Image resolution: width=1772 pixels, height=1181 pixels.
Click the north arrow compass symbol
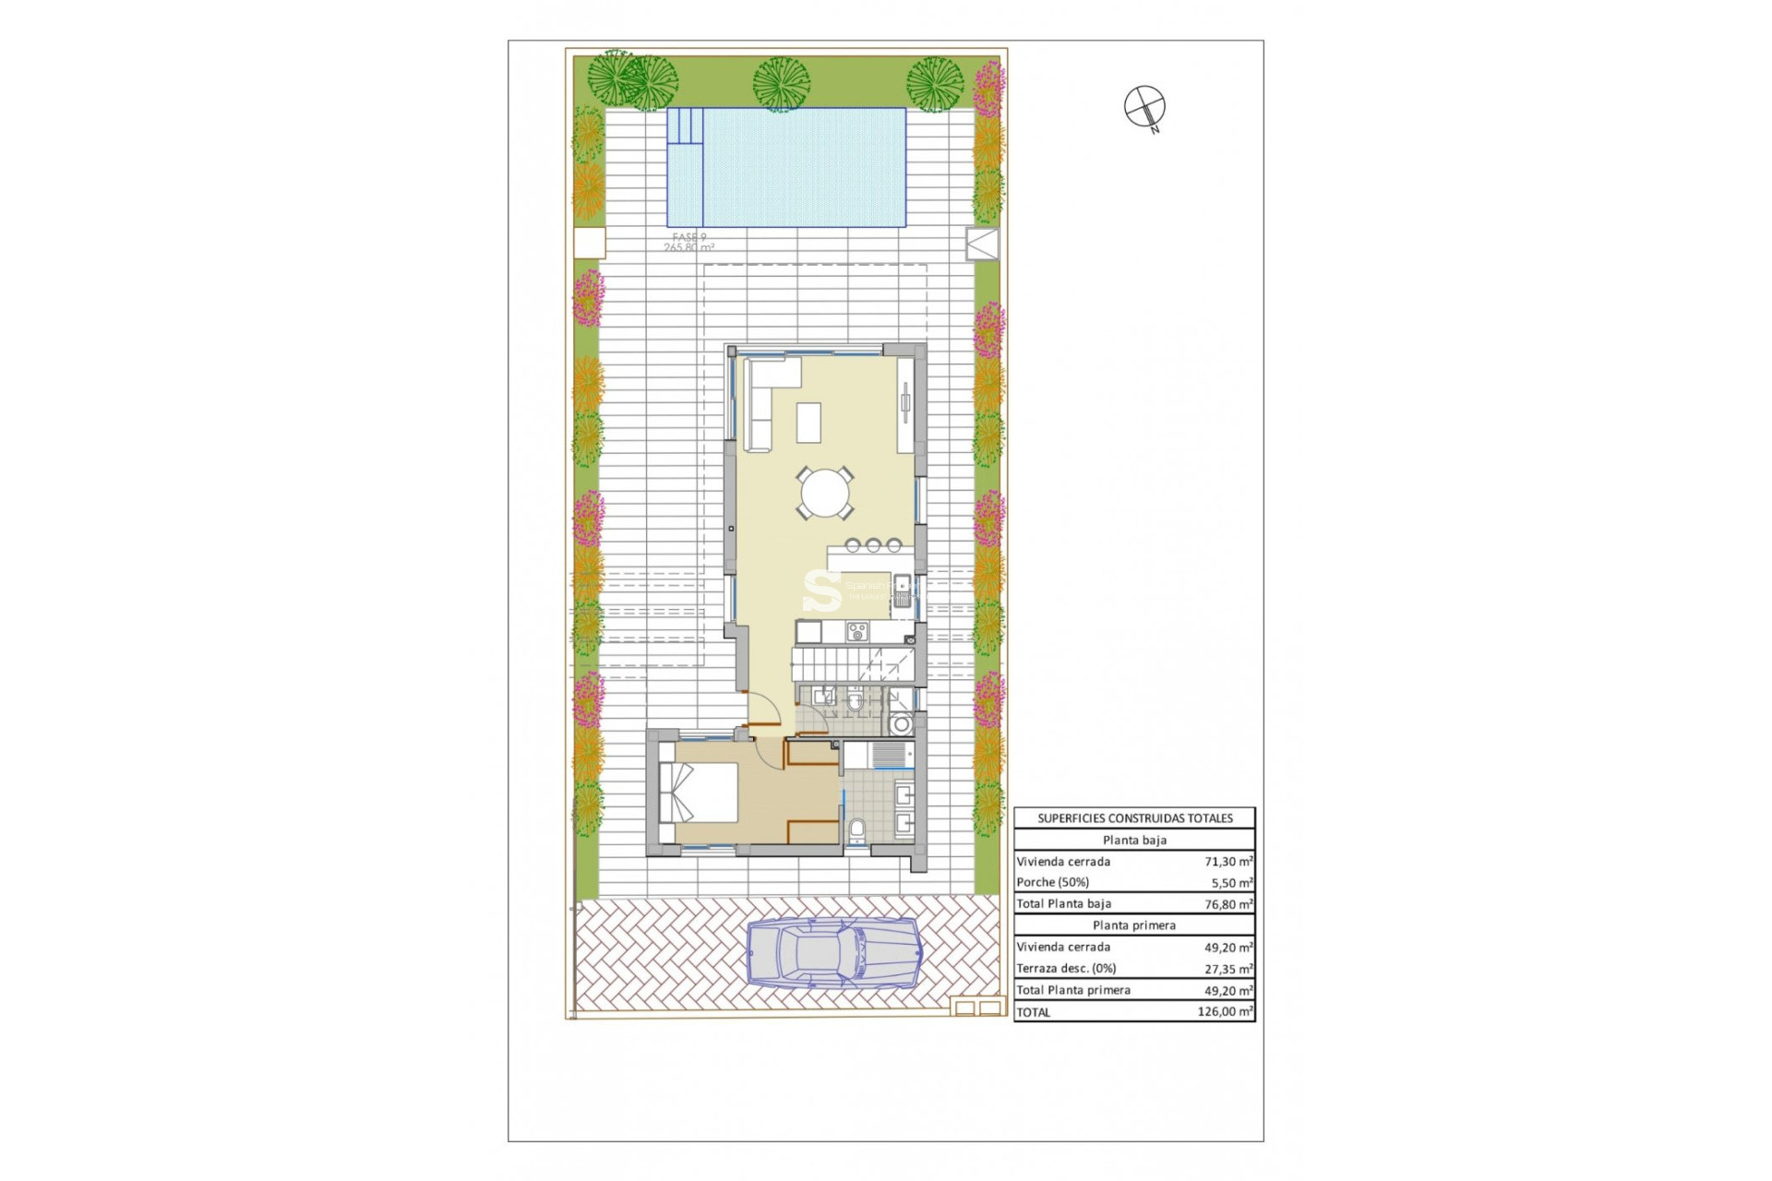[1144, 106]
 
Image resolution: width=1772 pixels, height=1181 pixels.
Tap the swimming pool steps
[685, 126]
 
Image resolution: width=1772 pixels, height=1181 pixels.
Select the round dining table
[825, 494]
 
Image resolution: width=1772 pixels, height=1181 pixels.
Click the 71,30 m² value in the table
[1227, 862]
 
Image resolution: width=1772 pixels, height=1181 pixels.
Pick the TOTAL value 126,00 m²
[1225, 1012]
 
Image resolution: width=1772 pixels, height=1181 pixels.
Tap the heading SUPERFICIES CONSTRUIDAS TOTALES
[1134, 818]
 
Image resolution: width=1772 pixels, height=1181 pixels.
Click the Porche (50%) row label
[1052, 883]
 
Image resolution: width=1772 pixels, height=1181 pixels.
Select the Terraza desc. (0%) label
[1066, 969]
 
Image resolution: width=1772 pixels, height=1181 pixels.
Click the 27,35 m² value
[1227, 969]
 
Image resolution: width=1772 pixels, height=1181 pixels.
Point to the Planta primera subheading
[1134, 925]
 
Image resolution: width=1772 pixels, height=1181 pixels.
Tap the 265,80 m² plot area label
[688, 248]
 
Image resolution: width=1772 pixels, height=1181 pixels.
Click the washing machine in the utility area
[901, 724]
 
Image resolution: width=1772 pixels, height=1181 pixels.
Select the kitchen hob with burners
[857, 632]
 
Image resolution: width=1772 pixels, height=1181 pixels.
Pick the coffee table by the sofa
[809, 423]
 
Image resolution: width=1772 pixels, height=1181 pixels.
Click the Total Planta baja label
[1063, 904]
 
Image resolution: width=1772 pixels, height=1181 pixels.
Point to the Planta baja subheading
[1134, 841]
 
